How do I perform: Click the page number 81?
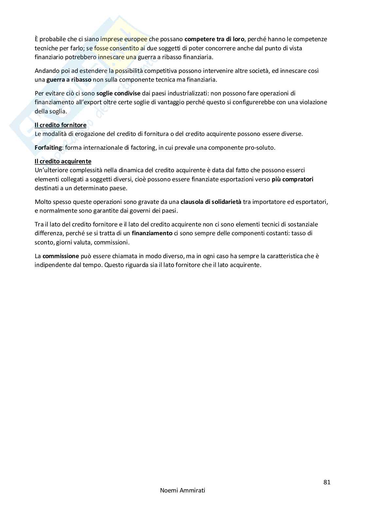[327, 482]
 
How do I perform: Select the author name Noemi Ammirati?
[182, 491]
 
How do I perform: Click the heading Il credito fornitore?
[61, 125]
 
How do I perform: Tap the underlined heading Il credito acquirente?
[63, 161]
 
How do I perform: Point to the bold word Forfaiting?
[48, 147]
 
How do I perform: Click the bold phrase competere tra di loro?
[214, 39]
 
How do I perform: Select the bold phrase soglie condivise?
[118, 93]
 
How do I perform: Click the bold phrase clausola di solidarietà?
[211, 202]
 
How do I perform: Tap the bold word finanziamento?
[152, 233]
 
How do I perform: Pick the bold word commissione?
[61, 256]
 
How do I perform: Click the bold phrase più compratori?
[292, 179]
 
